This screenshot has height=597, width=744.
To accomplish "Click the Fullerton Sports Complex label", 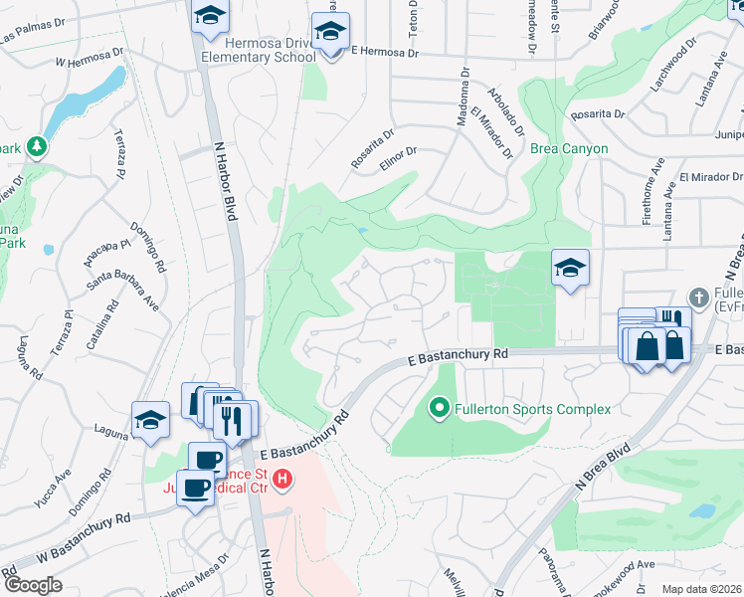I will [x=532, y=408].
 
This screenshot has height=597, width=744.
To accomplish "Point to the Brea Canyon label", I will [x=569, y=148].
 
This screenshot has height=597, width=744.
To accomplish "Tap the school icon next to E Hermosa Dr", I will [x=329, y=33].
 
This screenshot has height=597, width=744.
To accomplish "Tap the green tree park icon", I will [x=38, y=147].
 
